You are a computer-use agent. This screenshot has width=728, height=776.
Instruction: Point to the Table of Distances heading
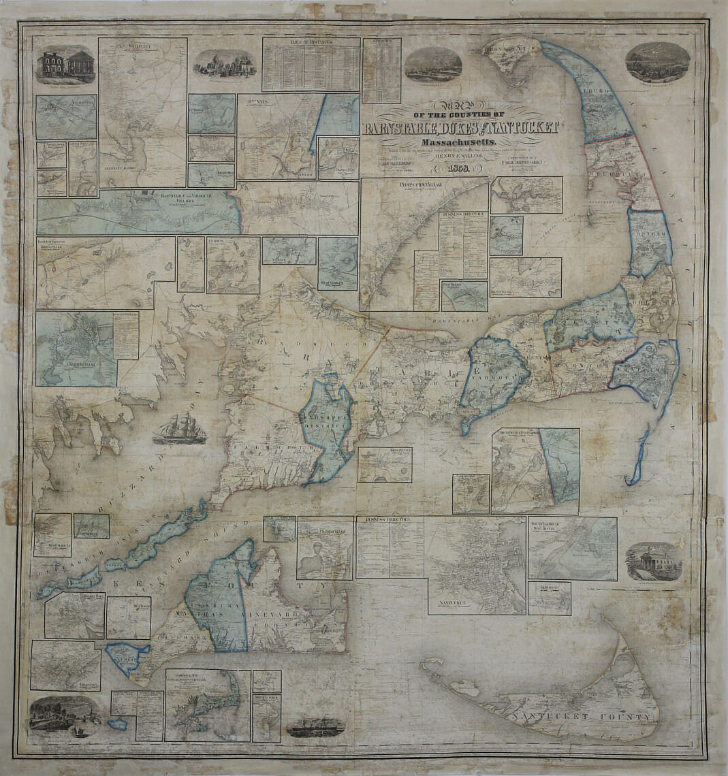311,43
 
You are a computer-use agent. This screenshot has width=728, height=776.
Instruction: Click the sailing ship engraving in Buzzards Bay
179,429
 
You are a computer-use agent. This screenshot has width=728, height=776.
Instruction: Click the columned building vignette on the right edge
653,562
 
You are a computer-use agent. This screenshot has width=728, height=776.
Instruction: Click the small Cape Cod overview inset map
207,705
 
